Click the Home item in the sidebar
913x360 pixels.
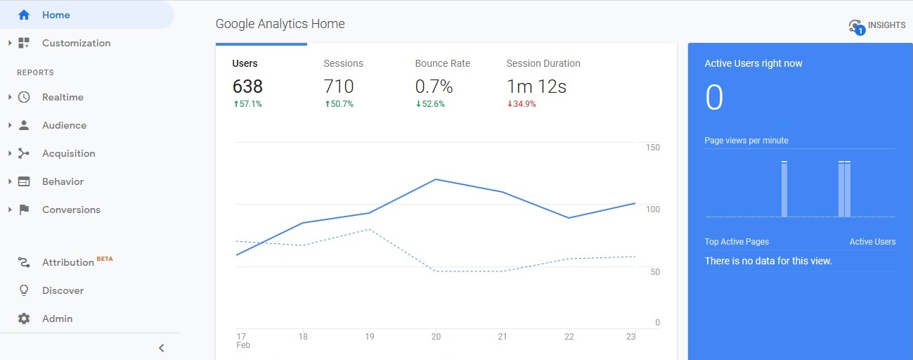click(56, 15)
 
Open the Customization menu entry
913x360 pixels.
click(76, 43)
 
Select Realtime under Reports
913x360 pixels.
click(63, 97)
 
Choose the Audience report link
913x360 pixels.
click(64, 125)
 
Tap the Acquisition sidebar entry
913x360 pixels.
click(68, 153)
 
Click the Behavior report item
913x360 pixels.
click(63, 181)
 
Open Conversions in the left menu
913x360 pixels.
click(71, 210)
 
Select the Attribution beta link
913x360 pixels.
click(68, 262)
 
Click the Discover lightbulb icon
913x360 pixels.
click(24, 290)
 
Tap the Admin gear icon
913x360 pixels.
click(24, 319)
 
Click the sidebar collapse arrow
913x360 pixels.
click(161, 347)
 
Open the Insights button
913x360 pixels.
click(877, 26)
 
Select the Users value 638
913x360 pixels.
click(247, 86)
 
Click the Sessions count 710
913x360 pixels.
click(339, 86)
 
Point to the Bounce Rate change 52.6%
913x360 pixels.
click(430, 104)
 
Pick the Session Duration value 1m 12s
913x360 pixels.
click(536, 86)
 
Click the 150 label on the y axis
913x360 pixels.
click(652, 148)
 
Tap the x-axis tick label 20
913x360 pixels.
click(436, 337)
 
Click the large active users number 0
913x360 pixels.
click(714, 98)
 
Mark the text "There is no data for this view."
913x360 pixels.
click(768, 261)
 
